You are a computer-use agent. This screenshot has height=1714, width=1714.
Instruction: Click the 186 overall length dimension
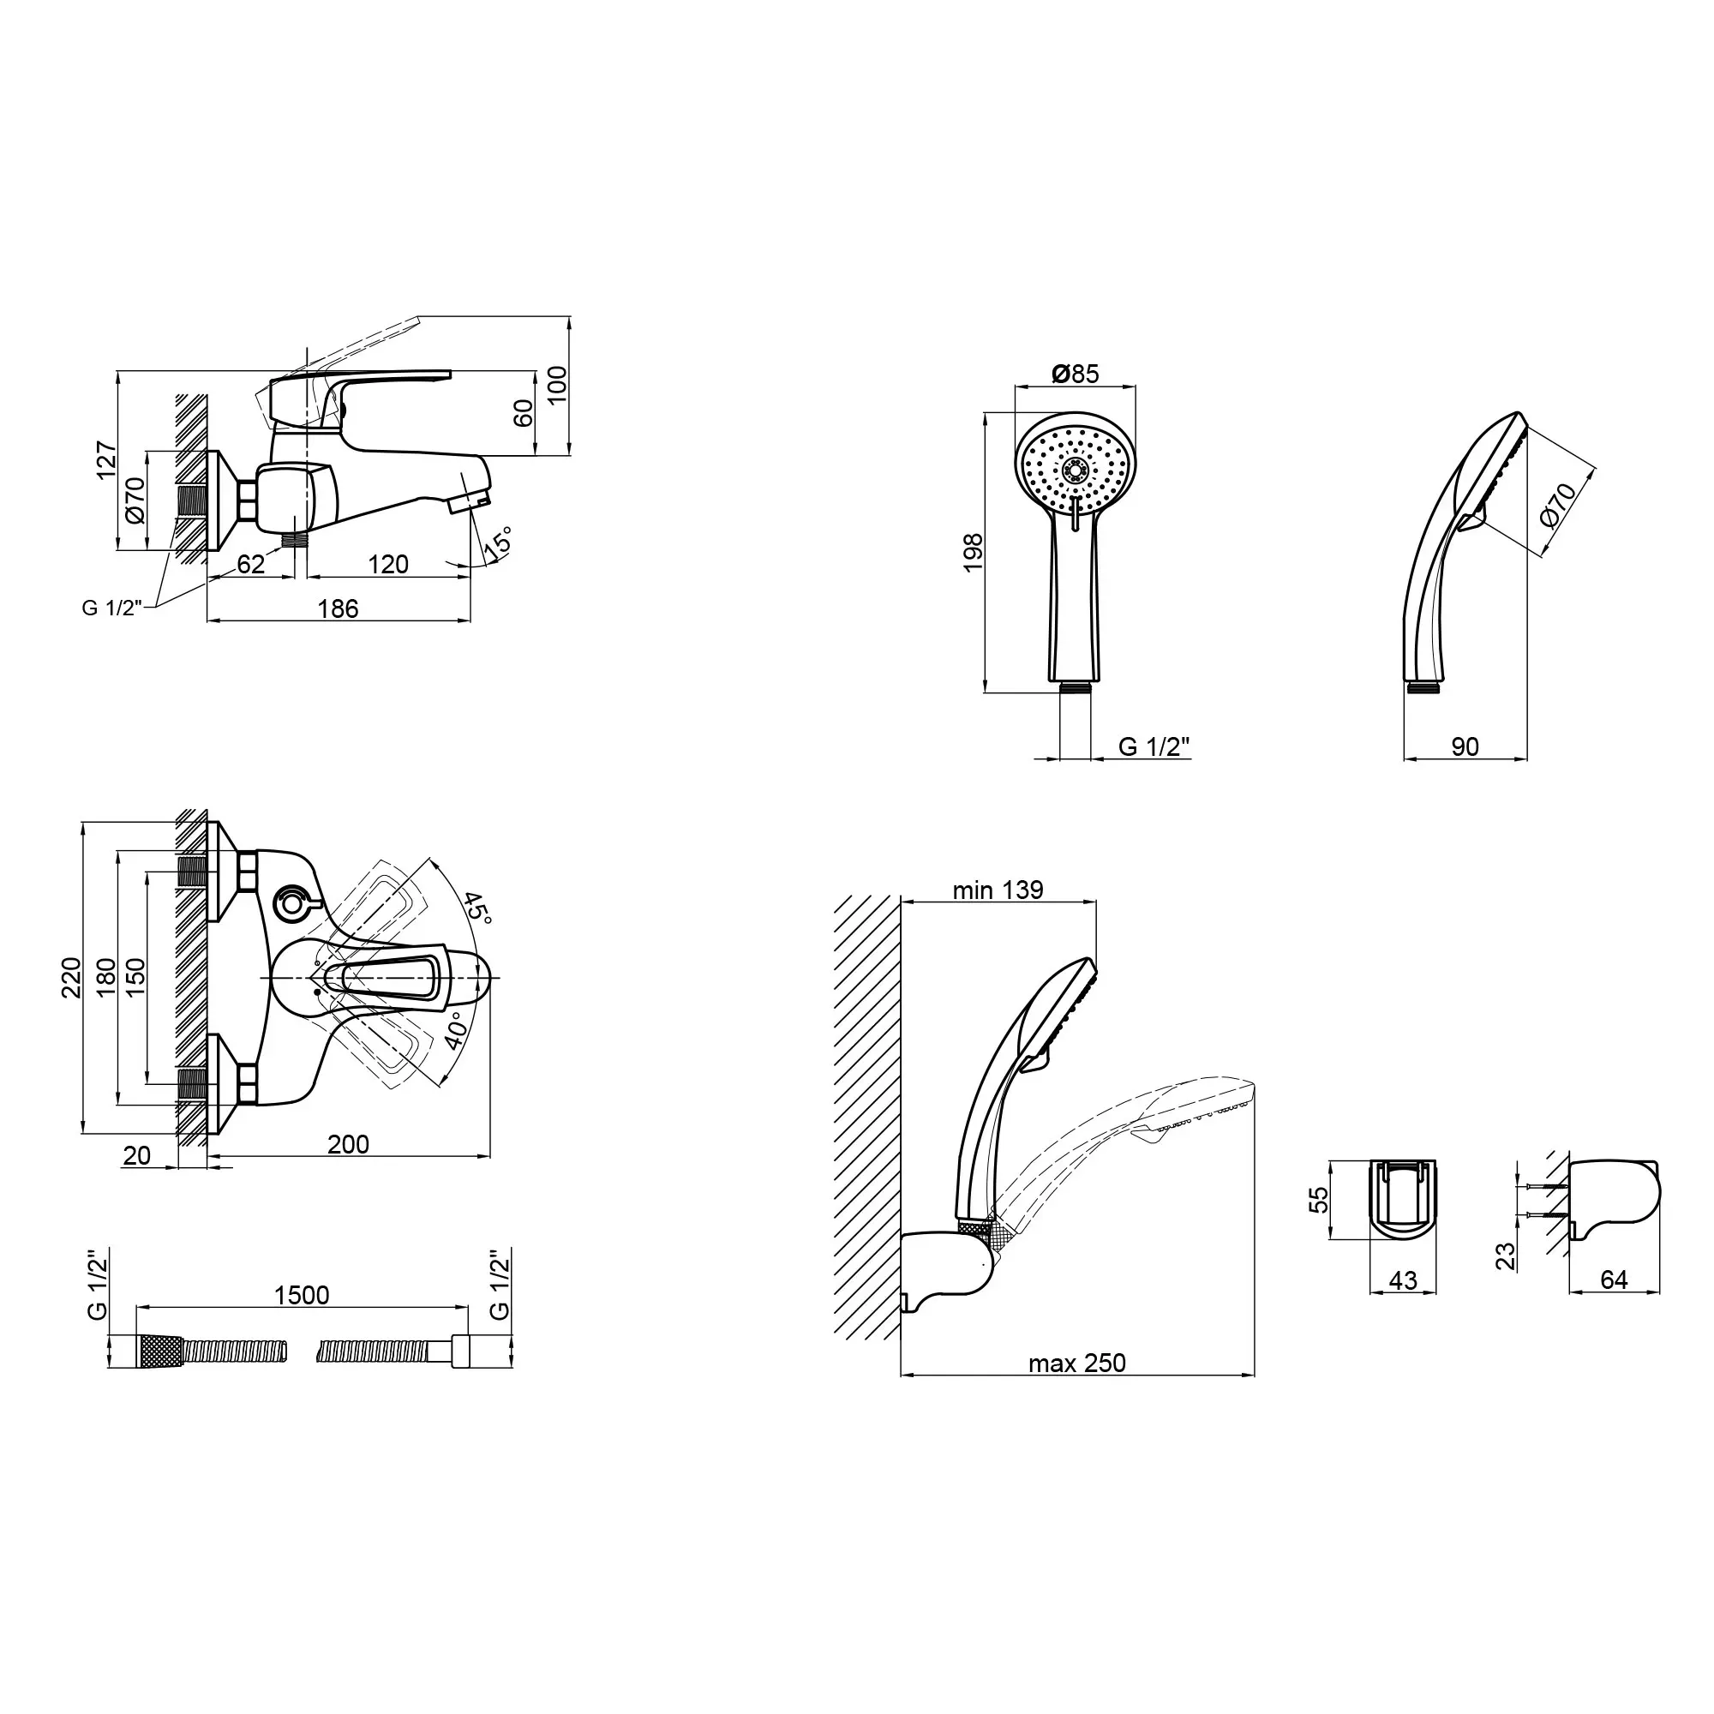tap(338, 608)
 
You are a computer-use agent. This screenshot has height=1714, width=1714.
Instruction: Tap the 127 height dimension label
tap(106, 460)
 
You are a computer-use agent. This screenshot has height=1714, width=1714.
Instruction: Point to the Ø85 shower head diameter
tap(1076, 374)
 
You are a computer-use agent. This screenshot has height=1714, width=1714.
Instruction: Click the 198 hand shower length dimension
tap(974, 552)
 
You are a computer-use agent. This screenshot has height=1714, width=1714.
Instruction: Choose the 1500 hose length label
tap(302, 1295)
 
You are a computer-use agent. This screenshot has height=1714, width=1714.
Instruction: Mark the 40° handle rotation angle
tap(454, 1031)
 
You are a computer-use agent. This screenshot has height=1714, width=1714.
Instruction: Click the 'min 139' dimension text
tap(998, 890)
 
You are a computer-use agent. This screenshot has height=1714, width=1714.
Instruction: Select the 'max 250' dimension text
tap(1077, 1363)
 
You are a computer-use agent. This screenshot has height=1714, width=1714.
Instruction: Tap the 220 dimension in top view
tap(71, 977)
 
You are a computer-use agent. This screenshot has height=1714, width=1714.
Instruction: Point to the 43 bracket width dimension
tap(1403, 1280)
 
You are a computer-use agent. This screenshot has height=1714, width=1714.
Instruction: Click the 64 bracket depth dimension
tap(1614, 1280)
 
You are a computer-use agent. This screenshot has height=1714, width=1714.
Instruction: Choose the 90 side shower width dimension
tap(1465, 747)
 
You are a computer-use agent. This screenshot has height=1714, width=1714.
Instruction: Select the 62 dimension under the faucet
tap(251, 564)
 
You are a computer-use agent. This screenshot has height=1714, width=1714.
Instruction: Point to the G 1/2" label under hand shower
tap(1154, 747)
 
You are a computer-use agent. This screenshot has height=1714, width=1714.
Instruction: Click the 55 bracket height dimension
tap(1319, 1200)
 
